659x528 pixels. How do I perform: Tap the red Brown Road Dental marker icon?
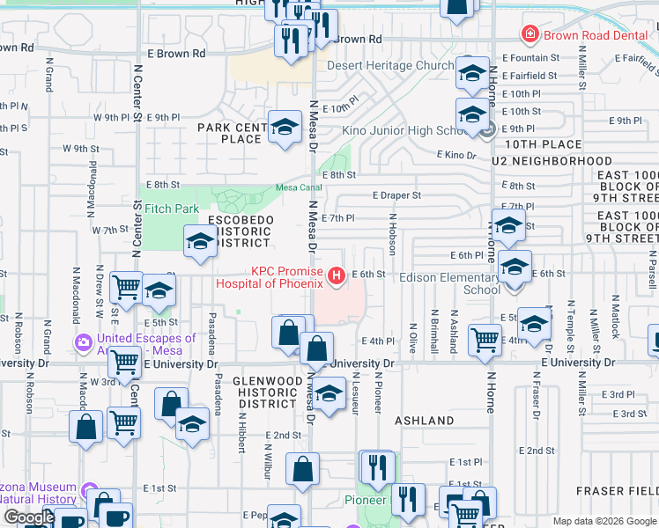coord(529,35)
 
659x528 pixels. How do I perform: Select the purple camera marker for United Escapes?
coord(84,341)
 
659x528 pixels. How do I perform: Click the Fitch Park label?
coord(173,209)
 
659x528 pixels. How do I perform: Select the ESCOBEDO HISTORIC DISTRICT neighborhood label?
coord(241,231)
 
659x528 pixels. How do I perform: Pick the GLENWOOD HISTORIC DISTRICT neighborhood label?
coord(266,392)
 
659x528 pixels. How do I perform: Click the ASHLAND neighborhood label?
coord(424,421)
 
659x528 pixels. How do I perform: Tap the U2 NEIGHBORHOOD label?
coord(552,161)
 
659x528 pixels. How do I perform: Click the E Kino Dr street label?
coord(456,155)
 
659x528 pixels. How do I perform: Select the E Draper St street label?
coord(396,195)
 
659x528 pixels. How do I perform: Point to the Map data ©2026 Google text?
coord(603,521)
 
